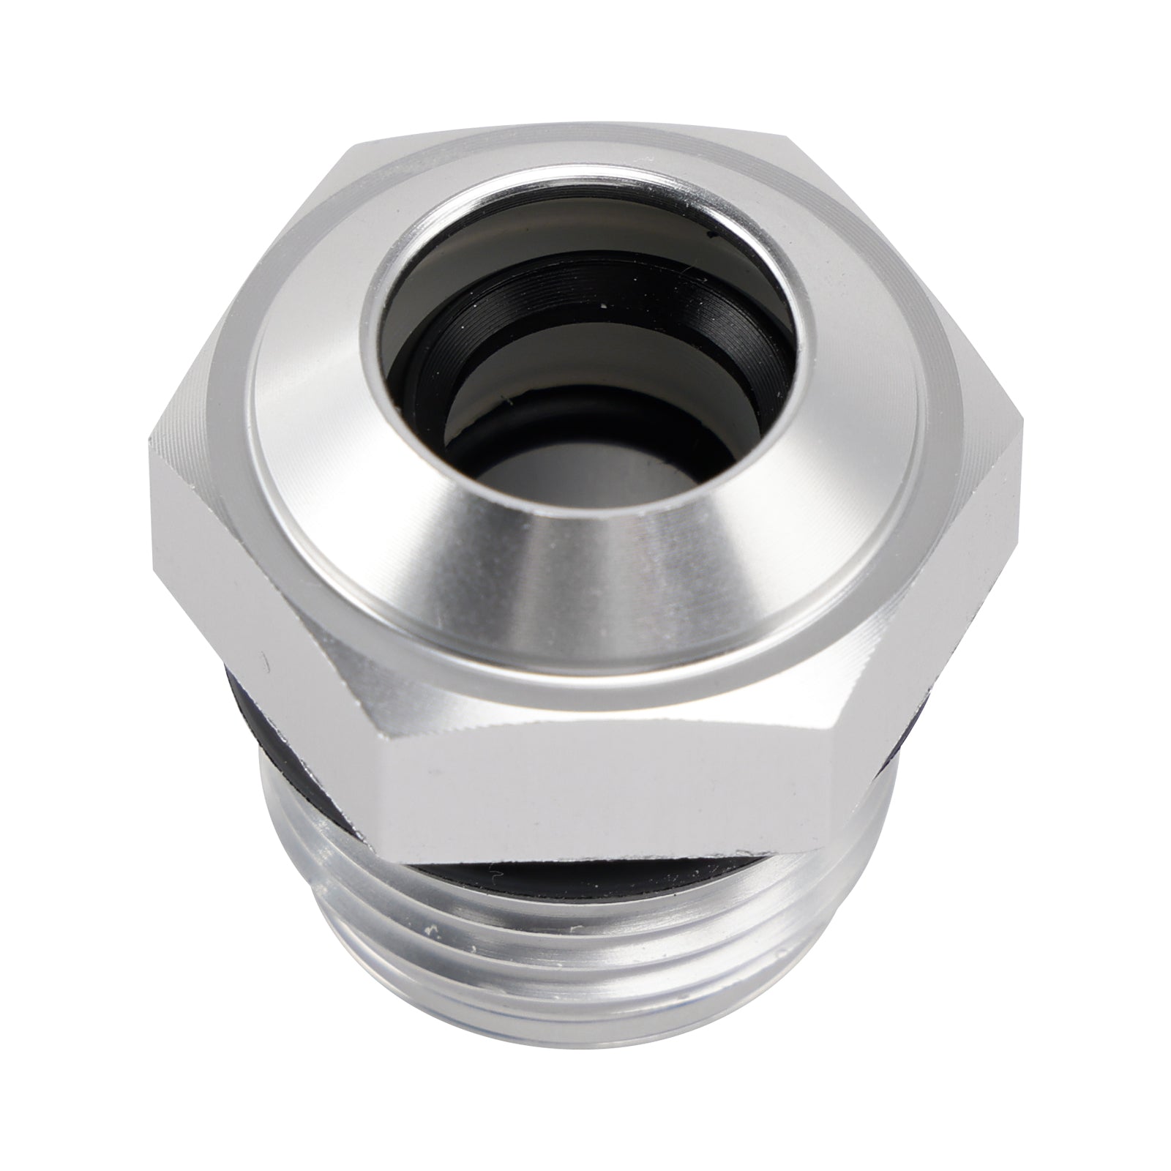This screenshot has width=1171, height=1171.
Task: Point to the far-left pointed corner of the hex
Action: click(x=150, y=439)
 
